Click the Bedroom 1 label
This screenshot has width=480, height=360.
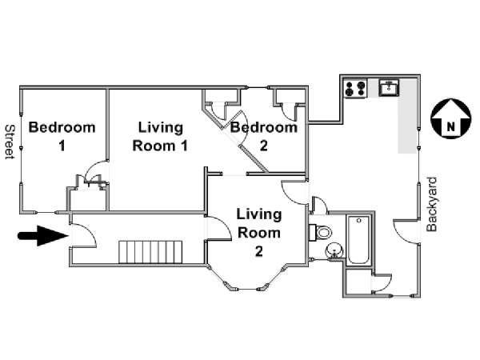pos(62,137)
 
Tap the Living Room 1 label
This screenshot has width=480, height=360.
pos(160,137)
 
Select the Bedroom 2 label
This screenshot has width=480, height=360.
pos(264,137)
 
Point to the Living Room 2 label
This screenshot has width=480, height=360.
pos(259,233)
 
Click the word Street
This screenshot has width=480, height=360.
pos(10,142)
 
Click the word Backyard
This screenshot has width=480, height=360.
pos(432,204)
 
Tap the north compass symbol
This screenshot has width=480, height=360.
pos(450,118)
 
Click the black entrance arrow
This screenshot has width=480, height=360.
pos(43,236)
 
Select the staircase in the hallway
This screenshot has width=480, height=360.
pos(150,252)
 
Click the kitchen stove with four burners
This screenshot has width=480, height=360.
pos(355,88)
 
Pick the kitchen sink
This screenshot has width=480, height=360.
pos(389,87)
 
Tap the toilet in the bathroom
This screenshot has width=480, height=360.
pos(320,232)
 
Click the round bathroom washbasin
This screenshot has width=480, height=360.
pos(334,250)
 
